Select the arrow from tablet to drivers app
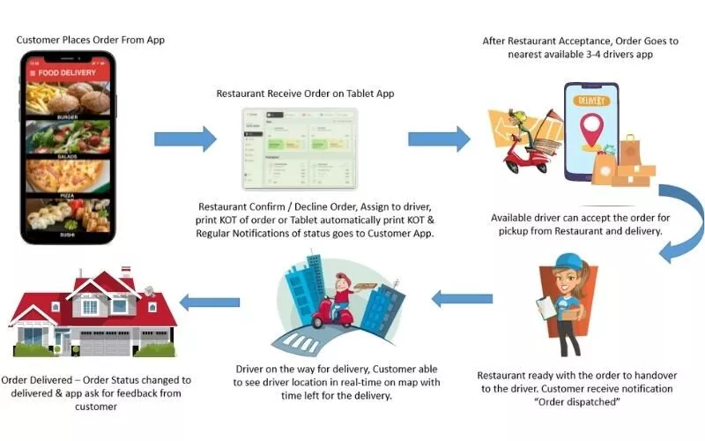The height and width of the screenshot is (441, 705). (x=439, y=138)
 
